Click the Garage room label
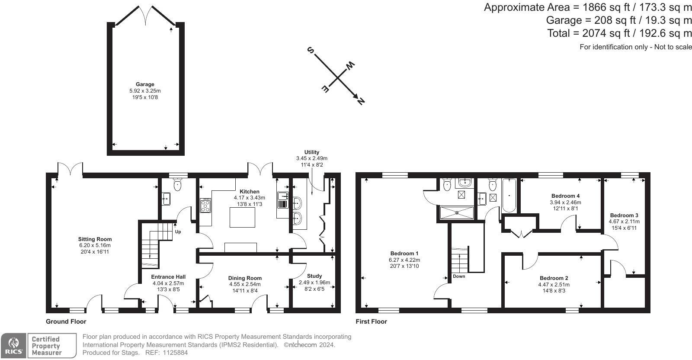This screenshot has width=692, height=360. [145, 84]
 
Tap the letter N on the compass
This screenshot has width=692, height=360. [361, 101]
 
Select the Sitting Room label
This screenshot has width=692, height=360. [95, 239]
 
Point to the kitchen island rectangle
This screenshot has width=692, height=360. [242, 217]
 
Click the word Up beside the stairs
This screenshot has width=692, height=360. [178, 232]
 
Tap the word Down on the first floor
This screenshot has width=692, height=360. [459, 276]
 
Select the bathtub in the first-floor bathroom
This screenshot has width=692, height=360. [509, 196]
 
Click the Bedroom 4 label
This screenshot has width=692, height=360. [565, 196]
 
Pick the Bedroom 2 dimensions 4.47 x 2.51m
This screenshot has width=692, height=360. [554, 285]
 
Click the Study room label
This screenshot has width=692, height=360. [314, 276]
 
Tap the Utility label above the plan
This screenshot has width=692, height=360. [312, 152]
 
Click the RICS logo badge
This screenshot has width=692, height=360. [13, 345]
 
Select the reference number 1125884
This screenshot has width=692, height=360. [175, 353]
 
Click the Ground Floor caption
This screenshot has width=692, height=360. [66, 321]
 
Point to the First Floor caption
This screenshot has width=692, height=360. [372, 321]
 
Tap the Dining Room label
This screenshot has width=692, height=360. [245, 278]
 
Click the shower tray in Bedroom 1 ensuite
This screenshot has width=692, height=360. [457, 212]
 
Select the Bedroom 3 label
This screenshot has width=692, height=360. [624, 215]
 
